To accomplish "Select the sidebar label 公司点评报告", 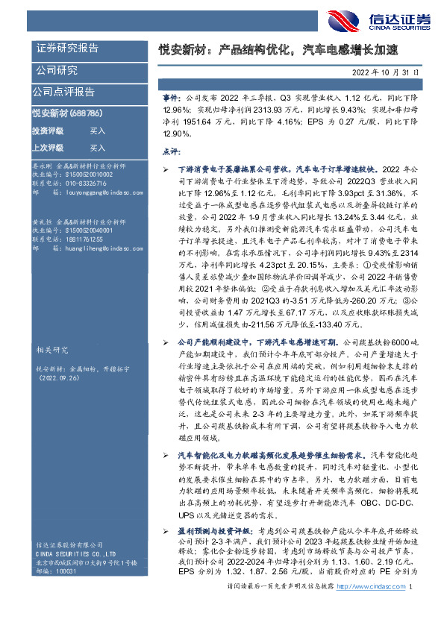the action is point(63,92).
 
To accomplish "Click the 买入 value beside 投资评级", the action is point(98,131).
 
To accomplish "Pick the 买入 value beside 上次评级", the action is point(98,148).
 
